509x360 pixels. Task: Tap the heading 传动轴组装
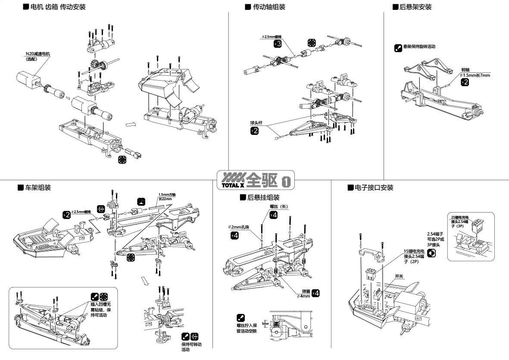point(269,7)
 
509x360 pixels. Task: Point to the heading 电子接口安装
point(374,188)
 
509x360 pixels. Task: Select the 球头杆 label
point(257,123)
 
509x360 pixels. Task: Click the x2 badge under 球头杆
point(254,131)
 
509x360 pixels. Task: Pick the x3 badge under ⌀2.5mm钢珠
point(278,44)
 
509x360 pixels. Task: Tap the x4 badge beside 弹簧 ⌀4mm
point(316,293)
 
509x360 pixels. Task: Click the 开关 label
point(399,276)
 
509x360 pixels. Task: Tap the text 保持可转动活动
point(191,347)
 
